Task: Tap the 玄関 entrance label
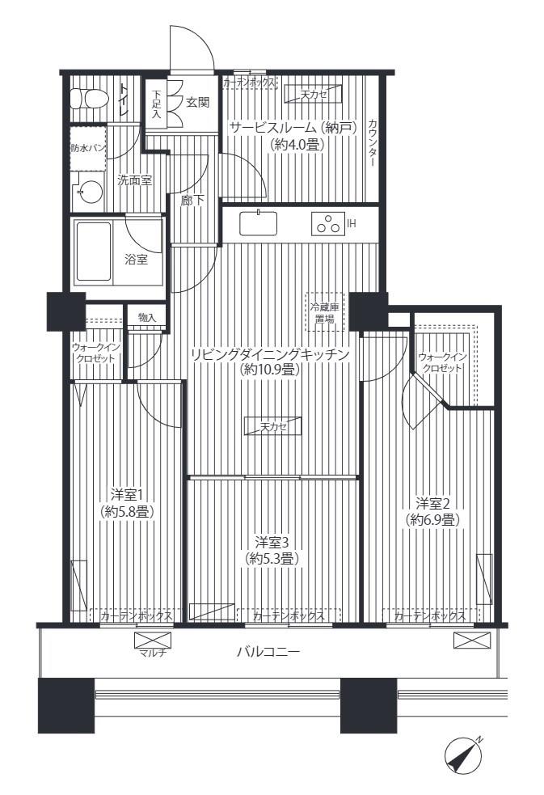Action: [197, 103]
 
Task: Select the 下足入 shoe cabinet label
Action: [156, 104]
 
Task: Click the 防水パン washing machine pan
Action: [88, 149]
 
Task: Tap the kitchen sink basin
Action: [259, 223]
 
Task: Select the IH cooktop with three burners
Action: [327, 223]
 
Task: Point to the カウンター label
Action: [373, 143]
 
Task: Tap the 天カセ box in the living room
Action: [273, 426]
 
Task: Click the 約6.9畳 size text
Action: [432, 520]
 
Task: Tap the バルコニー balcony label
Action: [268, 652]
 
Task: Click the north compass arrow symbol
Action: [463, 757]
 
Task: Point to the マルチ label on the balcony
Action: [153, 653]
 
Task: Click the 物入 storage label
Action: [146, 318]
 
